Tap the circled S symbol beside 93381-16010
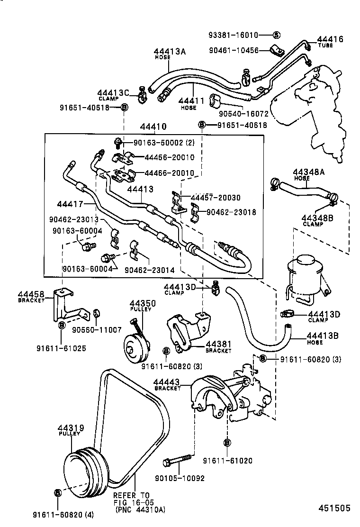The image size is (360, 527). pyautogui.click(x=277, y=35)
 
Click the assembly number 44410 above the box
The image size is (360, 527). pyautogui.click(x=153, y=127)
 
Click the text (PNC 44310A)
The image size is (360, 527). pyautogui.click(x=137, y=510)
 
